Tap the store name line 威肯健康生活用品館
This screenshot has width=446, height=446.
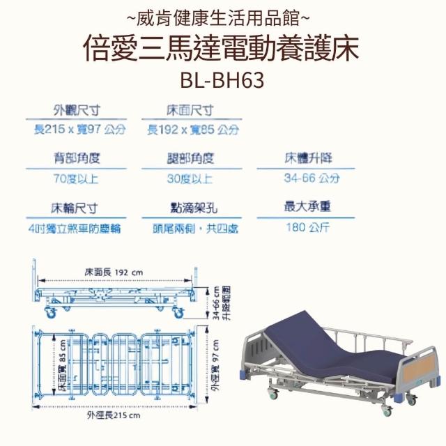tap(222, 13)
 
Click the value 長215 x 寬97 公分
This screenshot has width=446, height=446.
tap(79, 130)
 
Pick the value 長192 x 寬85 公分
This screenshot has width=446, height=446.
tap(193, 130)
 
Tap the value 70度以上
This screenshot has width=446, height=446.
tap(75, 178)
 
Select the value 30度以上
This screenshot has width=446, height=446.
tap(190, 178)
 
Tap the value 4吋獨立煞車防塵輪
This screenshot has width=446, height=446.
tap(75, 228)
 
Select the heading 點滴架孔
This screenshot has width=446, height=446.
tap(190, 208)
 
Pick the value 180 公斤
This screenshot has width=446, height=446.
tap(307, 227)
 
